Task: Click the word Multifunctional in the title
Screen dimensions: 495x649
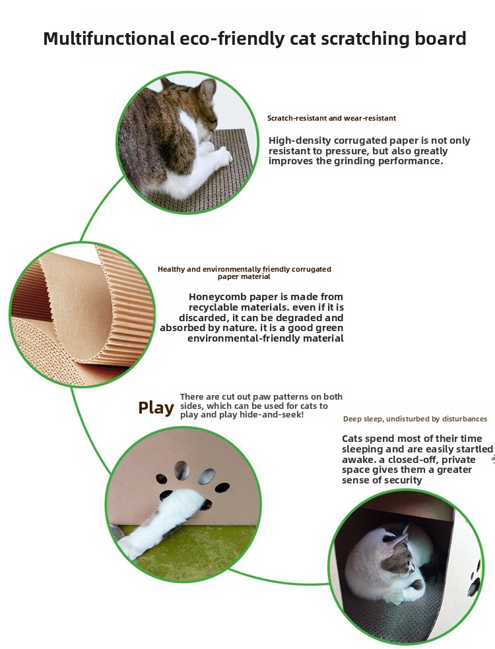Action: tap(109, 38)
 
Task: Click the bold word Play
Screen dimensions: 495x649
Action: tap(156, 408)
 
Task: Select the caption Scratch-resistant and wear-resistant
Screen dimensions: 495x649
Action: tap(331, 118)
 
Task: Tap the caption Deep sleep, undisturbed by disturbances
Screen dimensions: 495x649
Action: tap(415, 419)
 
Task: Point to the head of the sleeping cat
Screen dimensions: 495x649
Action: tap(399, 551)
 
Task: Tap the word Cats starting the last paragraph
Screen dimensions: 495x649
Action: tap(353, 439)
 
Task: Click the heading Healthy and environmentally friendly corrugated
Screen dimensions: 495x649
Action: tap(244, 269)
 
